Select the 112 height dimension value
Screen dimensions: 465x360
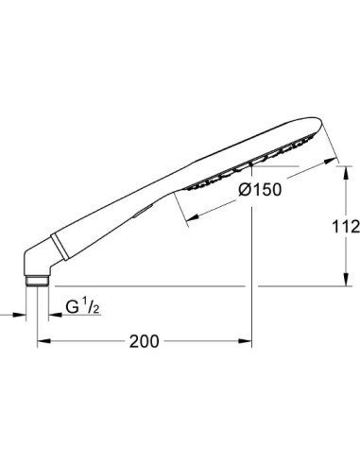click(x=346, y=227)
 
